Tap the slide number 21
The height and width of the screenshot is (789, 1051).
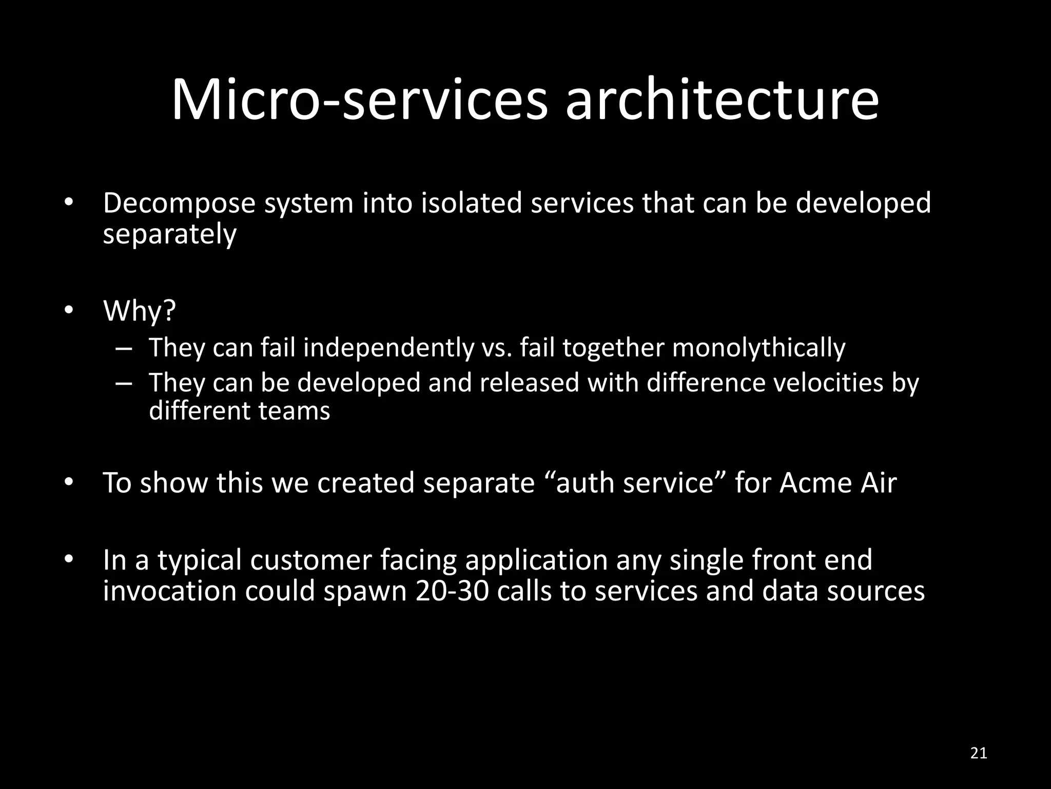pos(979,753)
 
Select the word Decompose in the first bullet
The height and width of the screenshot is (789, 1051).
pos(179,203)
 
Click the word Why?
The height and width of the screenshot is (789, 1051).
pos(140,311)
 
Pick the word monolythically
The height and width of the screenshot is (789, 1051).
pos(758,348)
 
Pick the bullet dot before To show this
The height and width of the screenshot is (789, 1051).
pos(69,482)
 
